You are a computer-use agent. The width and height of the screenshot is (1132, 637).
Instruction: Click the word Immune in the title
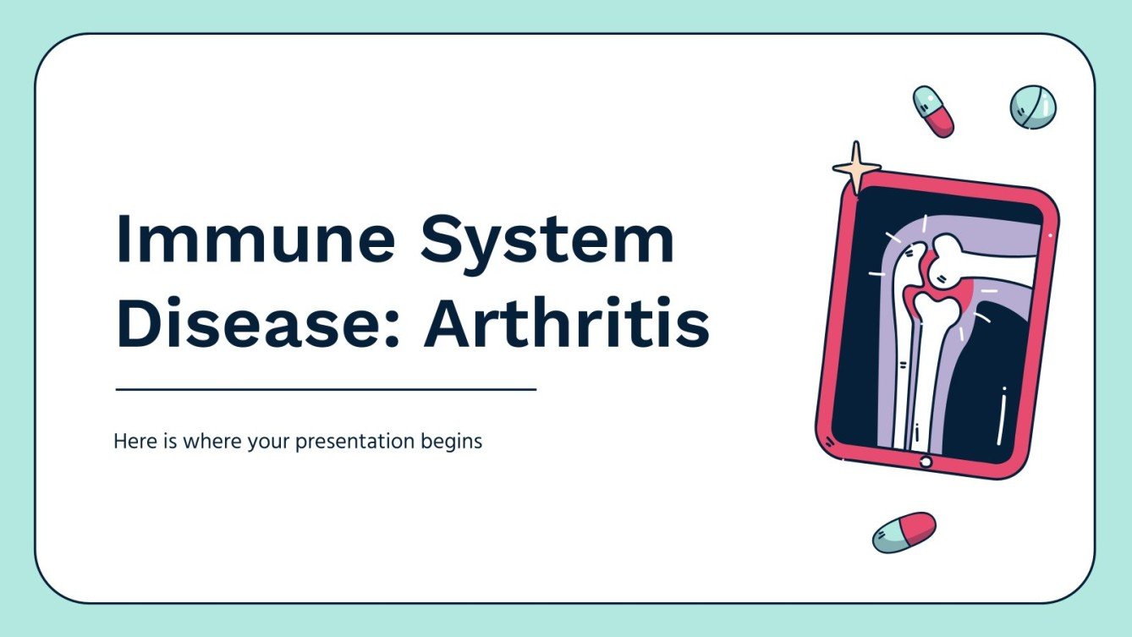pyautogui.click(x=255, y=239)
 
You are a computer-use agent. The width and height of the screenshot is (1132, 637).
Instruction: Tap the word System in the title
pyautogui.click(x=548, y=239)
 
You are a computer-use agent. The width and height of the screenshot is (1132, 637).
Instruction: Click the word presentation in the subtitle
pyautogui.click(x=347, y=442)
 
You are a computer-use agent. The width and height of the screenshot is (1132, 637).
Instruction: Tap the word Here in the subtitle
pyautogui.click(x=131, y=441)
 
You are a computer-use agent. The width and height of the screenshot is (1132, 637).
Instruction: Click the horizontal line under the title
pyautogui.click(x=326, y=390)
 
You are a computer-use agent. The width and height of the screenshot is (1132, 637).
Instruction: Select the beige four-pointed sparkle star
pyautogui.click(x=855, y=167)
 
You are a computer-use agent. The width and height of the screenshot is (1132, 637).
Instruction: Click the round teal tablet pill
pyautogui.click(x=1033, y=107)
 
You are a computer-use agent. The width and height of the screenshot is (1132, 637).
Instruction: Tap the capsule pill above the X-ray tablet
pyautogui.click(x=933, y=111)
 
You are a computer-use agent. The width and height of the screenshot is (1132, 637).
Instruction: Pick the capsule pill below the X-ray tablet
pyautogui.click(x=904, y=532)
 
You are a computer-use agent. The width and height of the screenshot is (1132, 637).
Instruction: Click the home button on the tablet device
pyautogui.click(x=925, y=462)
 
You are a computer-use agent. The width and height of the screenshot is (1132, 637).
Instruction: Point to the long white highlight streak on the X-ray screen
pyautogui.click(x=1002, y=415)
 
